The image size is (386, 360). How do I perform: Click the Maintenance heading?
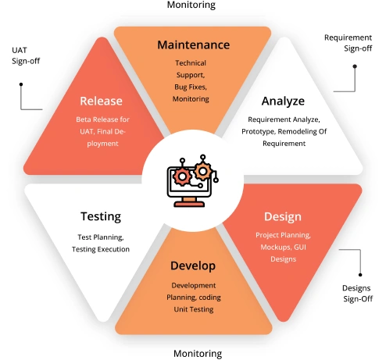click(x=193, y=45)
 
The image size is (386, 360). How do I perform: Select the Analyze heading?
click(x=283, y=101)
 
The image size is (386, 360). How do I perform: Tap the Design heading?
click(x=282, y=216)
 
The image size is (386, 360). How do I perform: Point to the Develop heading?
click(x=193, y=266)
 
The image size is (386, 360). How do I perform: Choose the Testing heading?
click(x=100, y=216)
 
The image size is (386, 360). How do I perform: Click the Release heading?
click(x=100, y=101)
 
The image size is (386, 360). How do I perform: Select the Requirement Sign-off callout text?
click(x=348, y=42)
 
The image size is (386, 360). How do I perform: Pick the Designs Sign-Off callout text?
click(x=356, y=294)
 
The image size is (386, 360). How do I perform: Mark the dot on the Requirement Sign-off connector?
click(x=355, y=66)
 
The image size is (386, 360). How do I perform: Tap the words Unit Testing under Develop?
click(x=193, y=310)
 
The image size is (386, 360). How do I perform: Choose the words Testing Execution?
click(x=100, y=249)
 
